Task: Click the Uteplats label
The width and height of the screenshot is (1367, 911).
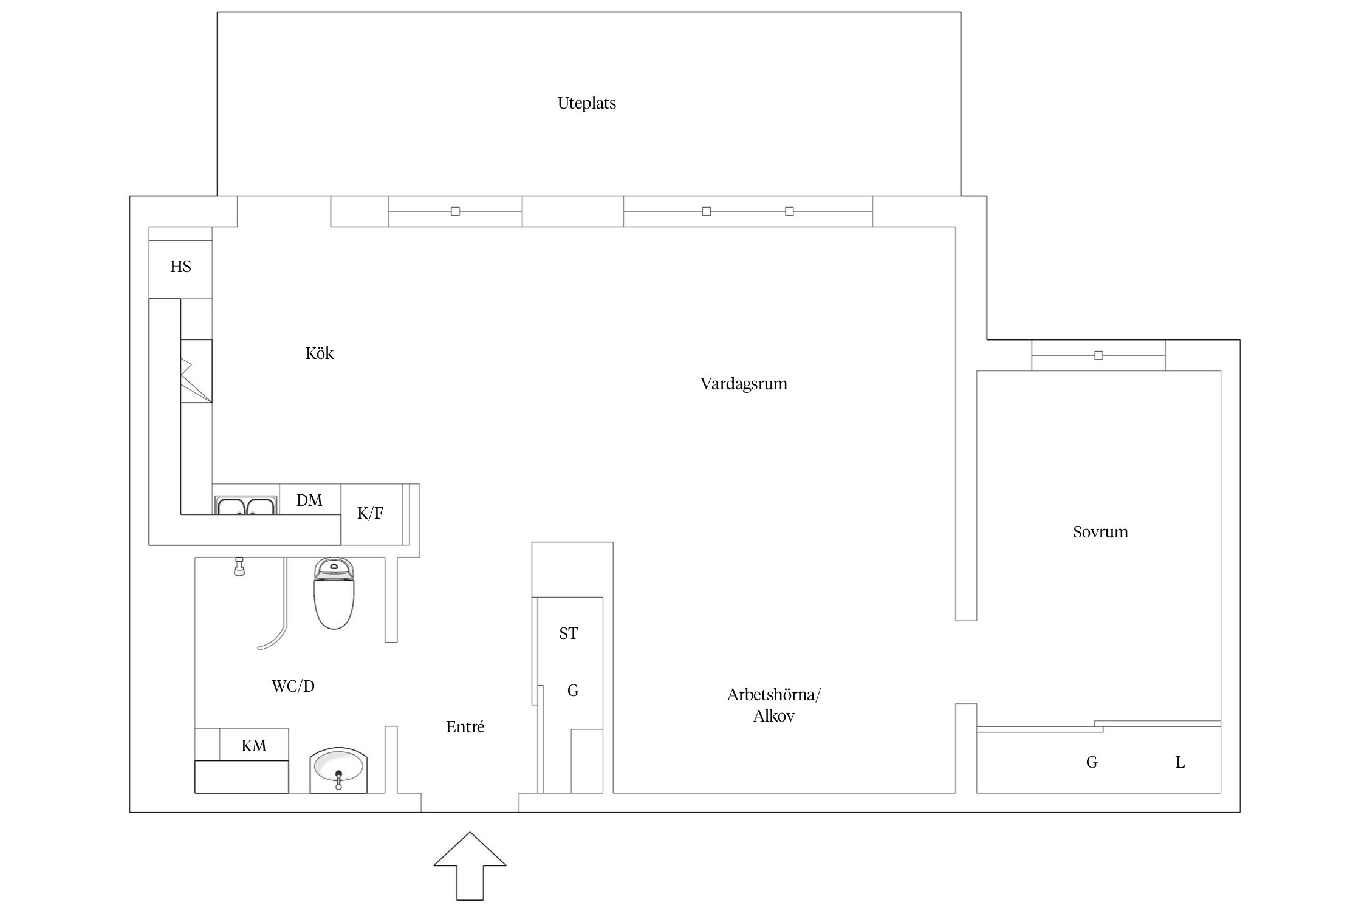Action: click(586, 103)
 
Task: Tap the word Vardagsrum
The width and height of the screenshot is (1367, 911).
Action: click(744, 384)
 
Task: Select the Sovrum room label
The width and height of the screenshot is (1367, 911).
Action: click(1100, 532)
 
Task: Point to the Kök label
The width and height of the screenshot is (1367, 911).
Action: click(320, 353)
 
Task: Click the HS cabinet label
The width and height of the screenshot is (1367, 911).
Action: click(180, 267)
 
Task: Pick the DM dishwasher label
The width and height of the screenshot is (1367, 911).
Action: click(309, 500)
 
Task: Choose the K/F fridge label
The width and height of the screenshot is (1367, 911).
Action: click(370, 514)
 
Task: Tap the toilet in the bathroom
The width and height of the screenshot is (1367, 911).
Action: click(334, 593)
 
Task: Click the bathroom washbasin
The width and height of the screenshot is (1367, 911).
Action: click(338, 770)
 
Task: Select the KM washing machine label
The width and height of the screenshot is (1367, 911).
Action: click(253, 746)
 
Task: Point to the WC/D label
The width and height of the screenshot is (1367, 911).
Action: click(293, 686)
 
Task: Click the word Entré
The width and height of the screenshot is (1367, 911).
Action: click(465, 727)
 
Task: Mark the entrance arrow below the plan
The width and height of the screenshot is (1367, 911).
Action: click(470, 866)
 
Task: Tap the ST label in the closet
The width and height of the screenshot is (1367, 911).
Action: click(569, 633)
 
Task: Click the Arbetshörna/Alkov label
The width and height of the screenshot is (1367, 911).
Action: click(773, 705)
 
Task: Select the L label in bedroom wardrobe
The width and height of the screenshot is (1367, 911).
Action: click(1180, 762)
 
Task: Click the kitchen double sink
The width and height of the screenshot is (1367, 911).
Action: click(245, 505)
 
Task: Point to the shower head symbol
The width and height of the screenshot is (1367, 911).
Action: click(239, 567)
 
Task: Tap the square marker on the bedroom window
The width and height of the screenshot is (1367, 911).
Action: click(1098, 355)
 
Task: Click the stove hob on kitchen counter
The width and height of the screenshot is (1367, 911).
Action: click(196, 371)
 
